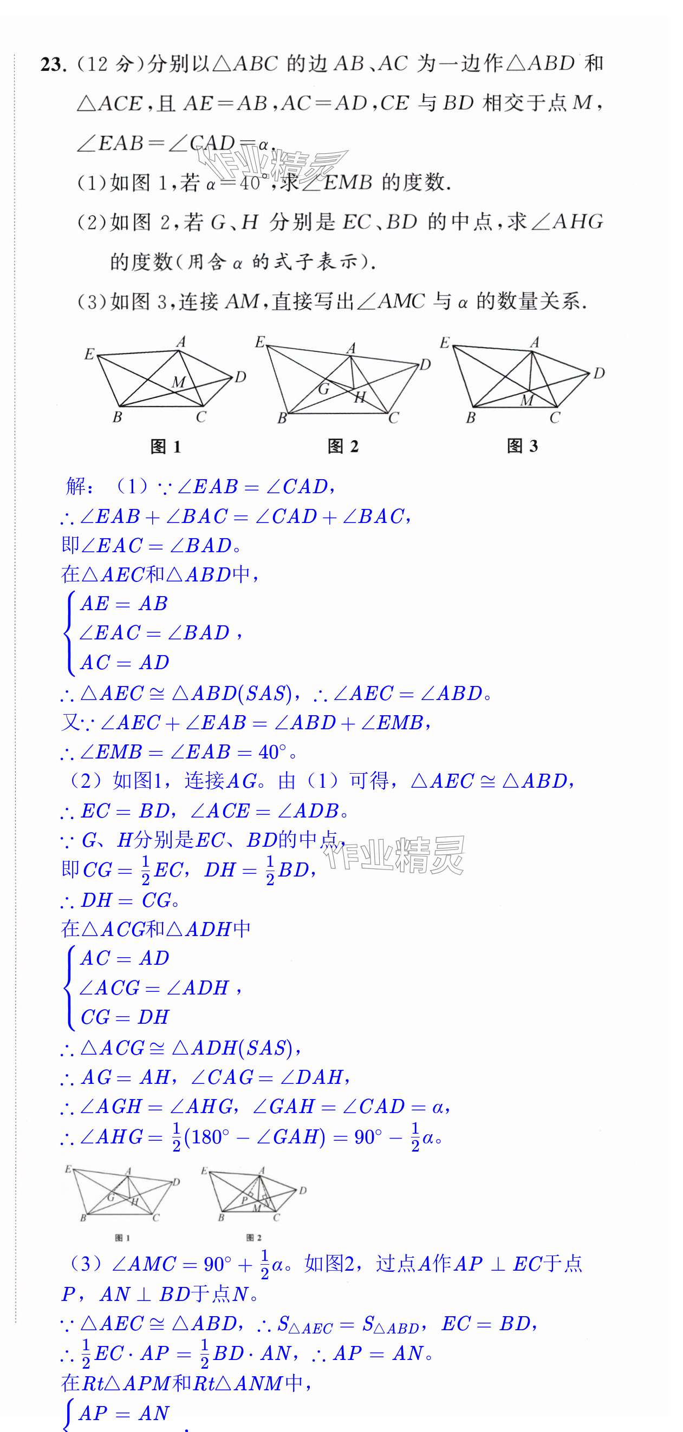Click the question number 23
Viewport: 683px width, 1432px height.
pos(53,65)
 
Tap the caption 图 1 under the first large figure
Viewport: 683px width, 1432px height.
pos(165,447)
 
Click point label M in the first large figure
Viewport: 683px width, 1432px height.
pos(178,382)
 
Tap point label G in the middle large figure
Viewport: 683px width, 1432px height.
pos(324,389)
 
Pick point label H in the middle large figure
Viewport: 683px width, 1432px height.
pos(360,397)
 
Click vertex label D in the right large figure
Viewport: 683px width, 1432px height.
pos(599,373)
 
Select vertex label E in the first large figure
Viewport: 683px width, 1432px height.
pos(89,354)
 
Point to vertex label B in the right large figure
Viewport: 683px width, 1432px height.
pos(471,417)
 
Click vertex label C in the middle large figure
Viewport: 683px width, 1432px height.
pos(393,418)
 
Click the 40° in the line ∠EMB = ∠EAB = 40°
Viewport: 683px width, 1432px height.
pos(272,752)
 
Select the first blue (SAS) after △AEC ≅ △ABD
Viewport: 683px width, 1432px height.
pos(269,693)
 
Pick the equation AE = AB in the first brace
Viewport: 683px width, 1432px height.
pos(123,604)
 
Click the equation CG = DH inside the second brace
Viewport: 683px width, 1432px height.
pos(124,1017)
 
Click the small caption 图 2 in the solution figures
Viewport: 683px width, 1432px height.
pos(253,1238)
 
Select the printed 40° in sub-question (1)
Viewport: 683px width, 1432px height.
pos(250,182)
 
